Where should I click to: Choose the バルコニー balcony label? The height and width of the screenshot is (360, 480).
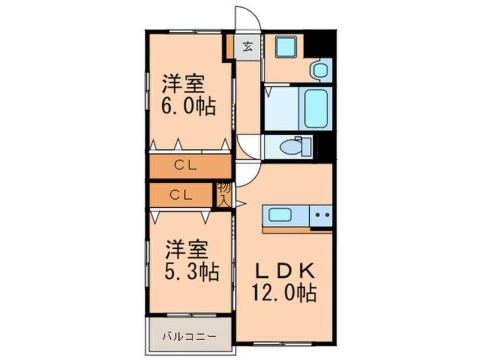[x=190, y=336]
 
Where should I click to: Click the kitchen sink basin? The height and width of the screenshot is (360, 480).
[x=281, y=216]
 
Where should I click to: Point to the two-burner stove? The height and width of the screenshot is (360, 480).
[x=322, y=216]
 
